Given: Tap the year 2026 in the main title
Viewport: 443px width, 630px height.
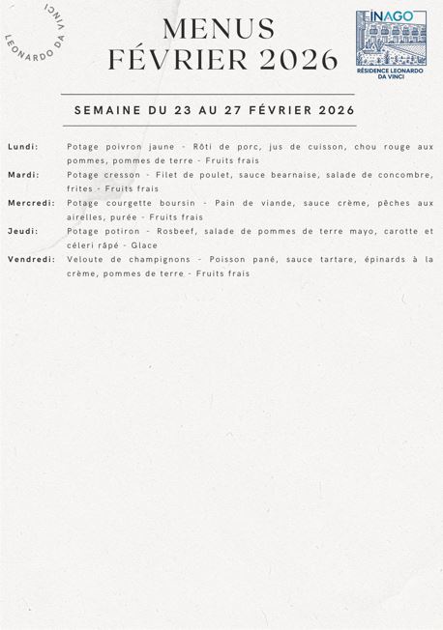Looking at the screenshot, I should pos(297,60).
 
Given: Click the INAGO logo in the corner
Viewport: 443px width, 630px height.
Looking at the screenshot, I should pos(391,39).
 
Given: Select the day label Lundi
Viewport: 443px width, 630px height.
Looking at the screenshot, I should pos(23,146).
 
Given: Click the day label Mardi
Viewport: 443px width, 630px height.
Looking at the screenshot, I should pos(23,175).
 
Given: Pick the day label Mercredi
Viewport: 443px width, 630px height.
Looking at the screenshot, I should pos(31,203).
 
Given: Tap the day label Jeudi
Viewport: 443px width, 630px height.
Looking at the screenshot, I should pos(22,231).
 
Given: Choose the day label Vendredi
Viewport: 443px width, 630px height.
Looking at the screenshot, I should pos(31,259).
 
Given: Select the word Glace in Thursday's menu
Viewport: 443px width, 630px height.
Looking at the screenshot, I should pos(144,245).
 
